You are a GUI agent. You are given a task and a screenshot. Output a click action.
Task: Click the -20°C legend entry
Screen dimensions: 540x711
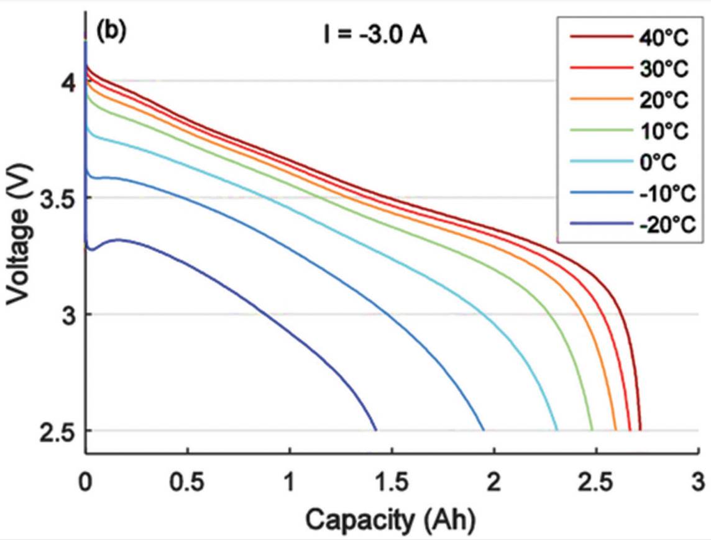pos(661,222)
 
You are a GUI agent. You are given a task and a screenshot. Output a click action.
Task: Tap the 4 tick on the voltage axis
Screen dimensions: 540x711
pos(70,81)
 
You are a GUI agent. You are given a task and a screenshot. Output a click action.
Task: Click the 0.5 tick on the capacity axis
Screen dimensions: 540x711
pos(187,482)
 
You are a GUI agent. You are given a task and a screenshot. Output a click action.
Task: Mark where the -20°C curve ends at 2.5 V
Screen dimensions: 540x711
pos(376,429)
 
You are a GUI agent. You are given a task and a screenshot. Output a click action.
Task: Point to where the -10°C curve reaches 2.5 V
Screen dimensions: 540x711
pos(484,429)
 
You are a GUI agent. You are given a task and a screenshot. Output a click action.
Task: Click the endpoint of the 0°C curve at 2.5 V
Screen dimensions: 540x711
pos(556,429)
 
